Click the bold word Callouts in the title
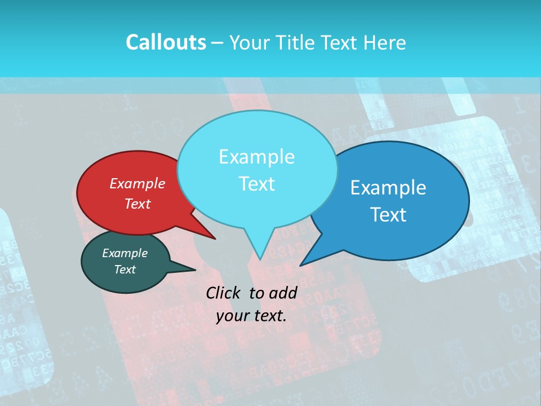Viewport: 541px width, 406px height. (x=166, y=42)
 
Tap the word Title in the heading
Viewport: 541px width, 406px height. (x=296, y=42)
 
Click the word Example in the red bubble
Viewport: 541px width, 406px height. (x=138, y=183)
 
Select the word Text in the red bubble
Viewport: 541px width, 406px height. (x=138, y=204)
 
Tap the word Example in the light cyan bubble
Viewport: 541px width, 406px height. (x=256, y=157)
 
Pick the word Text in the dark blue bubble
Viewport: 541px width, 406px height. (x=389, y=215)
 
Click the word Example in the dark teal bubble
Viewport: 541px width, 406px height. (x=125, y=253)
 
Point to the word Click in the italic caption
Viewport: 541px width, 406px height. (x=224, y=293)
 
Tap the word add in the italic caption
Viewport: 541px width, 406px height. (x=283, y=293)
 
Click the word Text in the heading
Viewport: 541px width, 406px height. (x=340, y=42)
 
